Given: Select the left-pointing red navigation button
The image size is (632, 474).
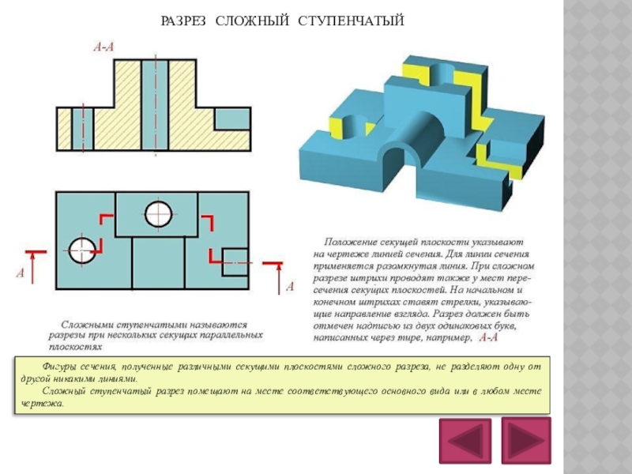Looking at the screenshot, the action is point(465,441).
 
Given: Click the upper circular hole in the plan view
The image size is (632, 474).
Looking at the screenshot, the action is point(158,211).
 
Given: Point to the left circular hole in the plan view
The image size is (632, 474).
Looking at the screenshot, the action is point(81,250).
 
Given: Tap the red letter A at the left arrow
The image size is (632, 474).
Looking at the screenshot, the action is point(21,274).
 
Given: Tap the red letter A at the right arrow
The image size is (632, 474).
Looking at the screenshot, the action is point(289,286).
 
